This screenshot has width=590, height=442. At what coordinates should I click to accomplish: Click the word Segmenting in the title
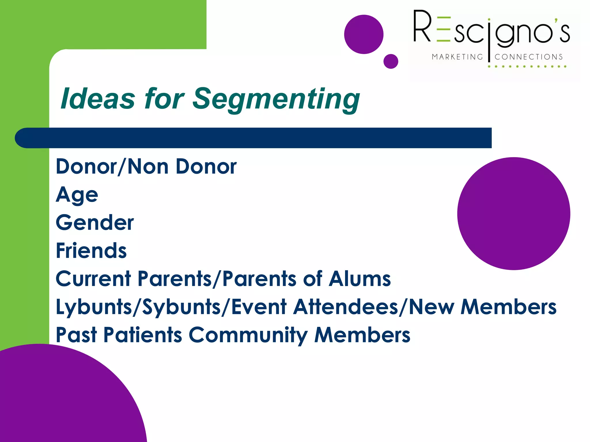coord(276,99)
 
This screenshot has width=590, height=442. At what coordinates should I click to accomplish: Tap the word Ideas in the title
coord(98,99)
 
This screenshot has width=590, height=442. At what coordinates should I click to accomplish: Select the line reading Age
coord(77,195)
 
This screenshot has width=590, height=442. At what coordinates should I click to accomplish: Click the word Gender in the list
coord(95,223)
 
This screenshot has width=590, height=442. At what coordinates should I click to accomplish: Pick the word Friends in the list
coord(91,251)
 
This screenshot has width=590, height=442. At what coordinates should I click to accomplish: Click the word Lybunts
coord(94,307)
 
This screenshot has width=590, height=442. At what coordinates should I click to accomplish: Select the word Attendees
coord(345,307)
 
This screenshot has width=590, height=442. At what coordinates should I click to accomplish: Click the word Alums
coord(360,279)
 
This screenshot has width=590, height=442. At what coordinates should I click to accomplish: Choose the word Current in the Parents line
coord(93,279)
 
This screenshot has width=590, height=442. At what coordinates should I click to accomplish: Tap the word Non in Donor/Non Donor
coord(148,167)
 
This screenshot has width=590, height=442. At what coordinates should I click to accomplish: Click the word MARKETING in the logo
coord(457,57)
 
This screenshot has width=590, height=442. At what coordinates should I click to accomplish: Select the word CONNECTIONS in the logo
coord(529,57)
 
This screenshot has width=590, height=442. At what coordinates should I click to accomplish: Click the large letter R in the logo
coord(422,26)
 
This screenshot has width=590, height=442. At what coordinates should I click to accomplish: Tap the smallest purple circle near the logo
coord(391,61)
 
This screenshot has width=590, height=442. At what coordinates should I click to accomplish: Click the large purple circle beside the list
coord(513,214)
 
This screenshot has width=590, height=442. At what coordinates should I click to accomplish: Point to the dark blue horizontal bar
coord(254,138)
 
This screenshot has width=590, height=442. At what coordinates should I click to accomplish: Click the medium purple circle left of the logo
coord(364,35)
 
